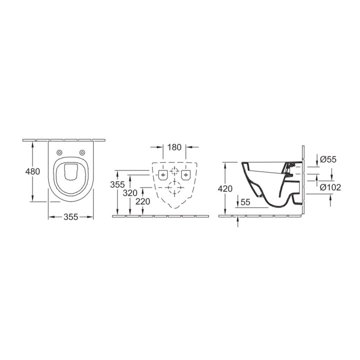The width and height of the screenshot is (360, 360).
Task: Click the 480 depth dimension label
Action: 32,171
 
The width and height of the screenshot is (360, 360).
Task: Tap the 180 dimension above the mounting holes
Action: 174,148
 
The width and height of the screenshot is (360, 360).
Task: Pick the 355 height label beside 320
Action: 117,184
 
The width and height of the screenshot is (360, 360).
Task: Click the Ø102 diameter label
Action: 330,187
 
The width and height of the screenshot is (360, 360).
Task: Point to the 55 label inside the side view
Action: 245,202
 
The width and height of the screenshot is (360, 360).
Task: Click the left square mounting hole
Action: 162,174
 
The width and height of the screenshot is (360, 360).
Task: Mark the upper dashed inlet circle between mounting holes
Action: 174,171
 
